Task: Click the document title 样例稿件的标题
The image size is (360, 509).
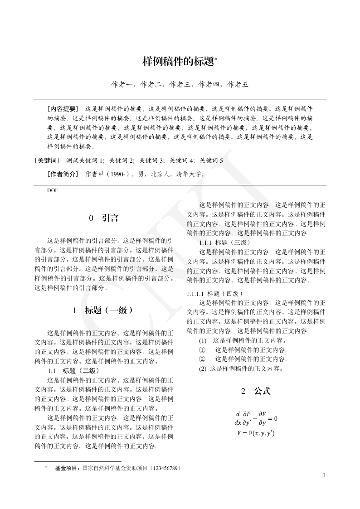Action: click(178, 62)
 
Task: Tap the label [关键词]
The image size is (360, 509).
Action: click(47, 160)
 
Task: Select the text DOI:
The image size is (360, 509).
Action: click(53, 191)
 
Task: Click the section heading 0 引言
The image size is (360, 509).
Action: click(104, 218)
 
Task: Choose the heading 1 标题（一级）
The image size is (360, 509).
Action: click(104, 311)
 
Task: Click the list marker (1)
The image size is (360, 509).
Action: click(203, 340)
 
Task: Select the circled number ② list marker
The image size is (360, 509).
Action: click(202, 359)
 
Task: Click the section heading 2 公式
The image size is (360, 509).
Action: click(256, 391)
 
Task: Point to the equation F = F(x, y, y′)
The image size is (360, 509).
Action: click(256, 433)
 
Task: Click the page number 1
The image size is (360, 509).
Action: click(324, 475)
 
